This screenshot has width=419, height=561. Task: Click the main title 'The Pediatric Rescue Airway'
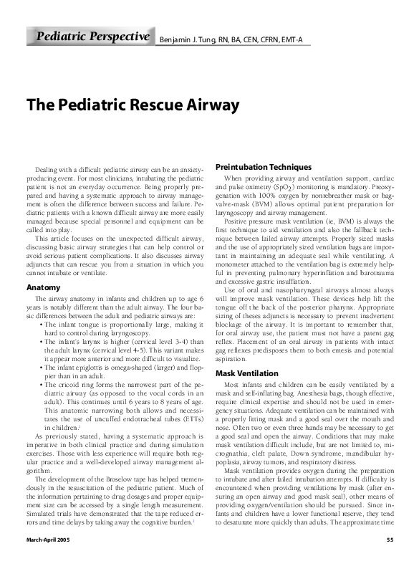[132, 105]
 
